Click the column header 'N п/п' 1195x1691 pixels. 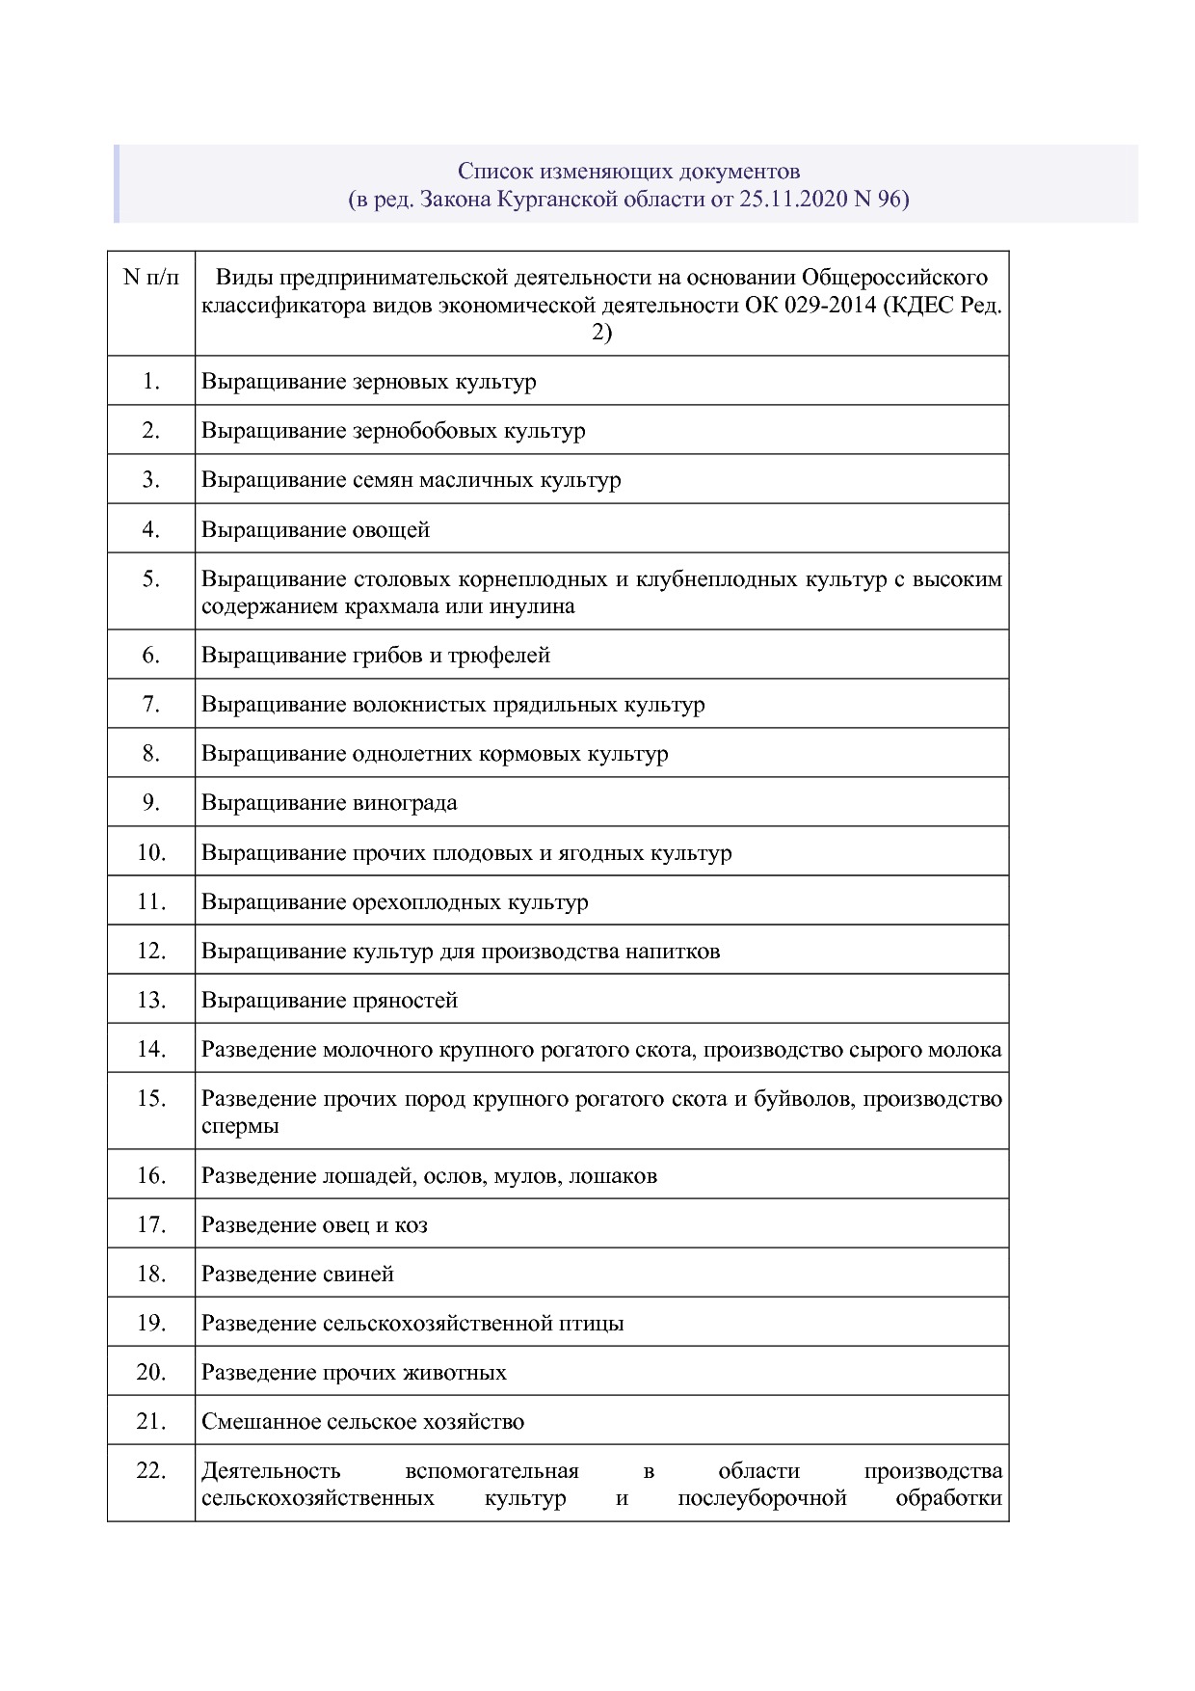151,279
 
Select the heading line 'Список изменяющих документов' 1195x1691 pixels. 628,172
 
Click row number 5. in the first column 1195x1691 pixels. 151,579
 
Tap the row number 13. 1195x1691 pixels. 151,1001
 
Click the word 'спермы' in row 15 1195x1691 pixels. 240,1126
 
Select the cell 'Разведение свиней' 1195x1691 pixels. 298,1275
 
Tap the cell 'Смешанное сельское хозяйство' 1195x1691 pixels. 362,1422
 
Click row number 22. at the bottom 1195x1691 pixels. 151,1471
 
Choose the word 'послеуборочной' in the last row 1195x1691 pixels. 761,1498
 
